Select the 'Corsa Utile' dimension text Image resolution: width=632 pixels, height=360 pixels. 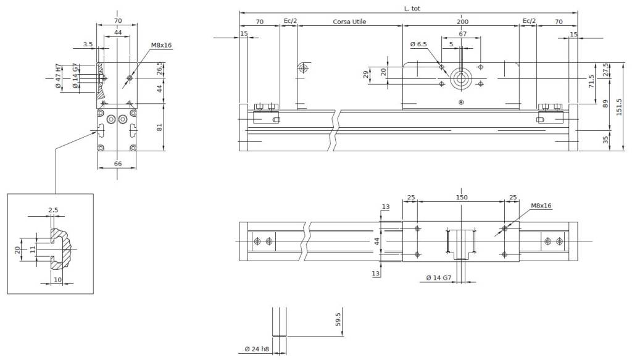349,22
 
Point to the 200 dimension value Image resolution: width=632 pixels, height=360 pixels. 462,22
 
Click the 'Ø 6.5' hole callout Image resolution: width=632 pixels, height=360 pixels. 418,44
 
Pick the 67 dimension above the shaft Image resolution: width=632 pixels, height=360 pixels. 462,34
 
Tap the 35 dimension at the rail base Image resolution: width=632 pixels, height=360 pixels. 605,141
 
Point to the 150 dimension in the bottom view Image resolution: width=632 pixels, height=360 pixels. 462,198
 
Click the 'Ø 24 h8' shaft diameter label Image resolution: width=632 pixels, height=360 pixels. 256,350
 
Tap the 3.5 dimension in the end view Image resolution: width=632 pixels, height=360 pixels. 87,44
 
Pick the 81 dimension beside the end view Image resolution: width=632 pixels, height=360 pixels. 159,127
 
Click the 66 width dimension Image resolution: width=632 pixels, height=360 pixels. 117,164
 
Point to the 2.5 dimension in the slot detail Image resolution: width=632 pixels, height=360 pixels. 53,210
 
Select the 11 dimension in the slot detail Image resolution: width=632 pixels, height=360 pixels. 33,249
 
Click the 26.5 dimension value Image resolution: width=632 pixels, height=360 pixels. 159,67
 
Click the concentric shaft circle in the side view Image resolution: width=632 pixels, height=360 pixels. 460,79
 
